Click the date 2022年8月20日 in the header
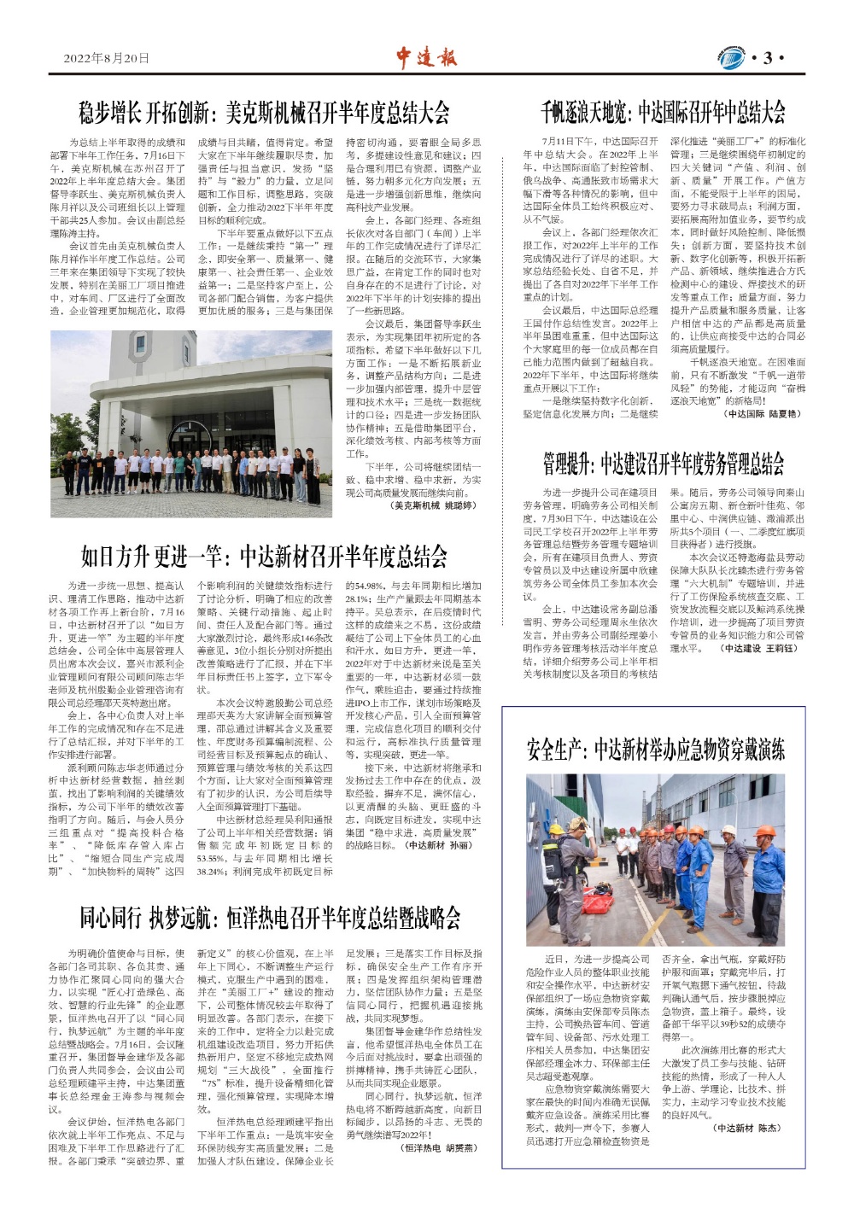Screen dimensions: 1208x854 [106, 58]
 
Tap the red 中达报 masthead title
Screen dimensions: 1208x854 [426, 57]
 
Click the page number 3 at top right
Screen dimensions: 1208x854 [768, 58]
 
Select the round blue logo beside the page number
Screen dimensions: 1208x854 [731, 58]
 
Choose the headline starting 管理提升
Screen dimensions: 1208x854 [664, 464]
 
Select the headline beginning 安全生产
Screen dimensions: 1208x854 [655, 750]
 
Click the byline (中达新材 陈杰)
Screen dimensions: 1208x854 [746, 1128]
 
